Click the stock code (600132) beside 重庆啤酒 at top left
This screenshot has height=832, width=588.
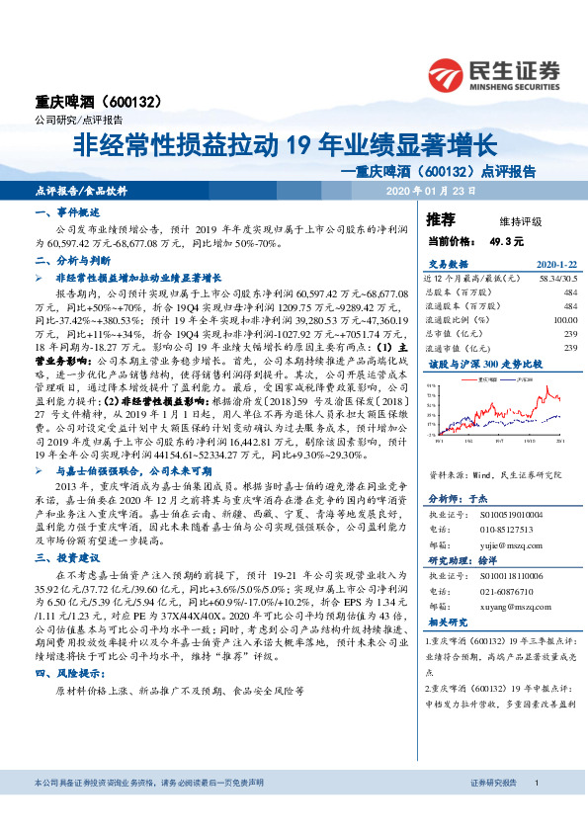[x=133, y=102]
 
